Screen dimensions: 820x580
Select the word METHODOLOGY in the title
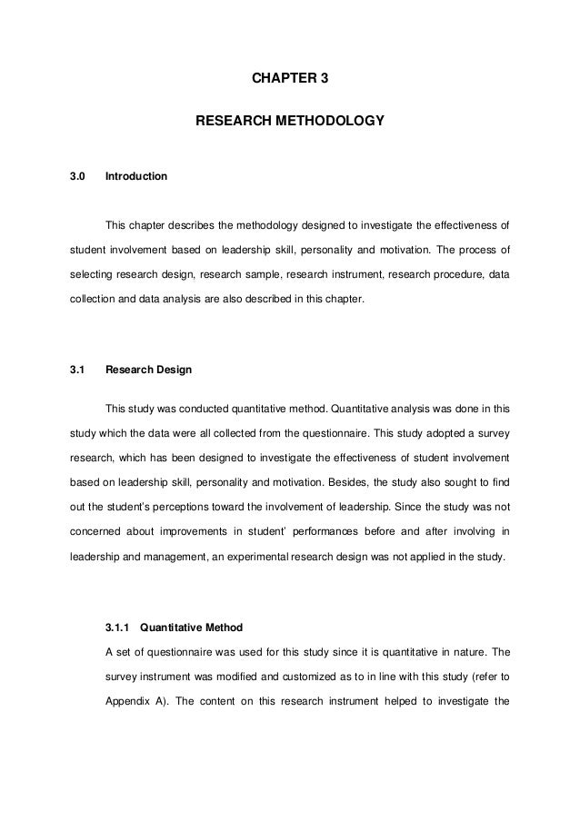coord(328,119)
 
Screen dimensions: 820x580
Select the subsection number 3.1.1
coord(120,626)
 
